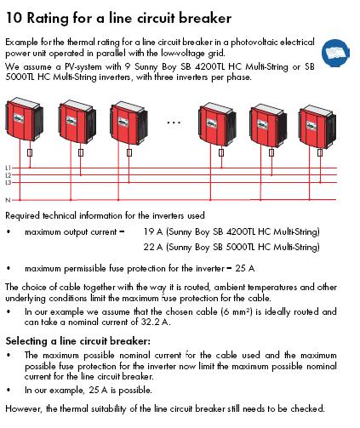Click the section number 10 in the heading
(x=14, y=18)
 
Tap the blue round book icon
(x=335, y=53)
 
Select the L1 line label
(x=8, y=168)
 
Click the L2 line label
(x=9, y=175)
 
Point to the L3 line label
(x=9, y=183)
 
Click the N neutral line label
(x=8, y=200)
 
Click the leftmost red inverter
(x=24, y=119)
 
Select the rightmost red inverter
(x=317, y=127)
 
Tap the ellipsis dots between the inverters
(x=174, y=123)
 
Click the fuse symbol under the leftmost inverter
(x=30, y=153)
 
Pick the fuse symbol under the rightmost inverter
(x=320, y=152)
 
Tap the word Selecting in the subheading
(x=26, y=341)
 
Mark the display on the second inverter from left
(x=71, y=121)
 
